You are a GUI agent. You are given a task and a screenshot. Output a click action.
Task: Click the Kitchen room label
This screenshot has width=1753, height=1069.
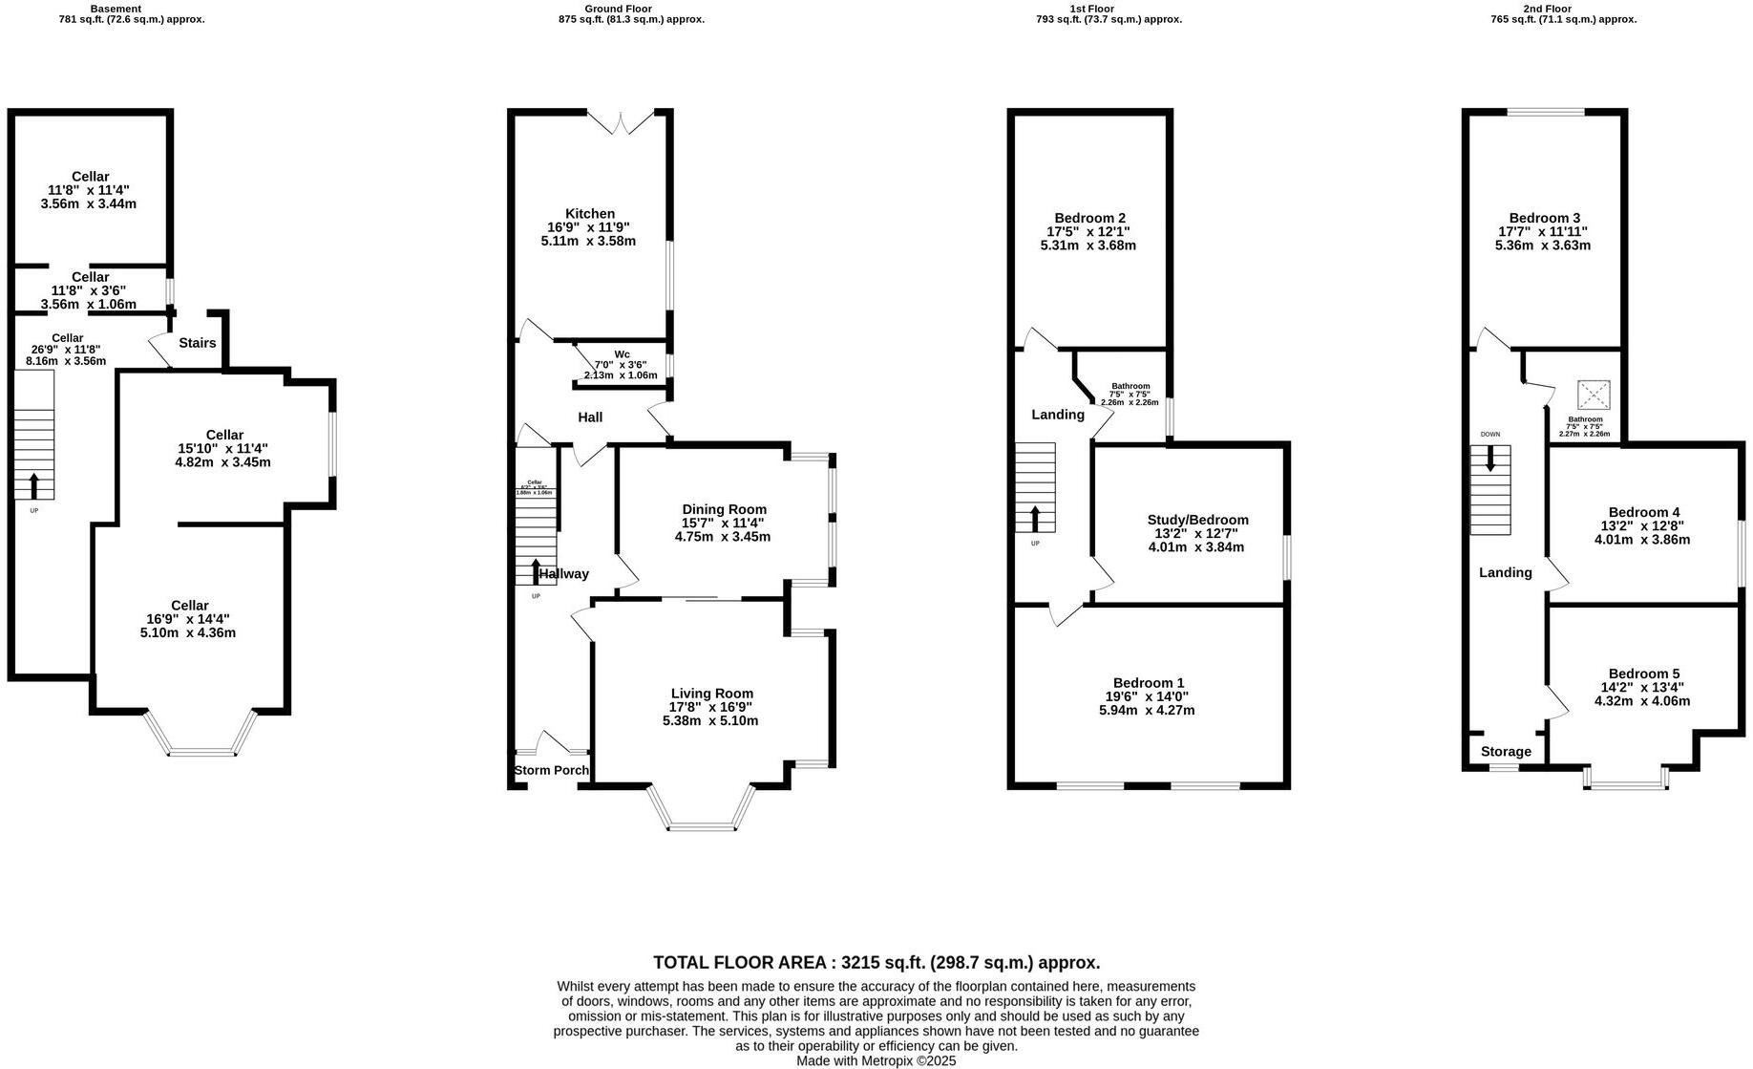pyautogui.click(x=589, y=214)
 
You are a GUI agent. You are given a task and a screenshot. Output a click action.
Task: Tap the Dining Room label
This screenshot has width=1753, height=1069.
pyautogui.click(x=724, y=509)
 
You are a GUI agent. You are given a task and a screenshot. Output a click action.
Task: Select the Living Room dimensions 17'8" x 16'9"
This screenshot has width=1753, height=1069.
pyautogui.click(x=710, y=707)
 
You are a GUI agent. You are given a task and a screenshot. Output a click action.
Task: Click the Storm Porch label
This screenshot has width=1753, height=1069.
pyautogui.click(x=551, y=770)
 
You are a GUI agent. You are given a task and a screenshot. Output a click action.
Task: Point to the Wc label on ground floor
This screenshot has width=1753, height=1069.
pyautogui.click(x=622, y=354)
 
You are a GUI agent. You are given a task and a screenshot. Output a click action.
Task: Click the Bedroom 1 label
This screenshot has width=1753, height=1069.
pyautogui.click(x=1148, y=682)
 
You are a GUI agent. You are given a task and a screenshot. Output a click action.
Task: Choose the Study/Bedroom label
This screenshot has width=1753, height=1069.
pyautogui.click(x=1197, y=520)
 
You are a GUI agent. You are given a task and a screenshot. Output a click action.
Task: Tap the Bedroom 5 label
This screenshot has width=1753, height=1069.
pyautogui.click(x=1643, y=673)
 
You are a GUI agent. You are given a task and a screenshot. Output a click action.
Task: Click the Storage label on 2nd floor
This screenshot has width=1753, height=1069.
pyautogui.click(x=1506, y=752)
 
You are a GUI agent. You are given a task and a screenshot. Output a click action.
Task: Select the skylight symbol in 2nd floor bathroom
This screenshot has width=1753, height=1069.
pyautogui.click(x=1593, y=394)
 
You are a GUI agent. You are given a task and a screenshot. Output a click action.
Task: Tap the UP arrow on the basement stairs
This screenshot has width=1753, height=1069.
pyautogui.click(x=34, y=485)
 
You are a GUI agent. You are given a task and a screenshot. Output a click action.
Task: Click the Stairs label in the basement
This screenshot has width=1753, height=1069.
pyautogui.click(x=198, y=343)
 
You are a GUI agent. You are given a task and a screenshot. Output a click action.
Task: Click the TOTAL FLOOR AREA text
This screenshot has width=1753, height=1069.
pyautogui.click(x=876, y=962)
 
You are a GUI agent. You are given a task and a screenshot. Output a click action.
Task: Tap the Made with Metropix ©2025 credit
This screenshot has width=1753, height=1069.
pyautogui.click(x=876, y=1060)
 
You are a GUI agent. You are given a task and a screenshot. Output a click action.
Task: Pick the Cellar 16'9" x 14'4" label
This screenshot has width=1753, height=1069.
pyautogui.click(x=189, y=606)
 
